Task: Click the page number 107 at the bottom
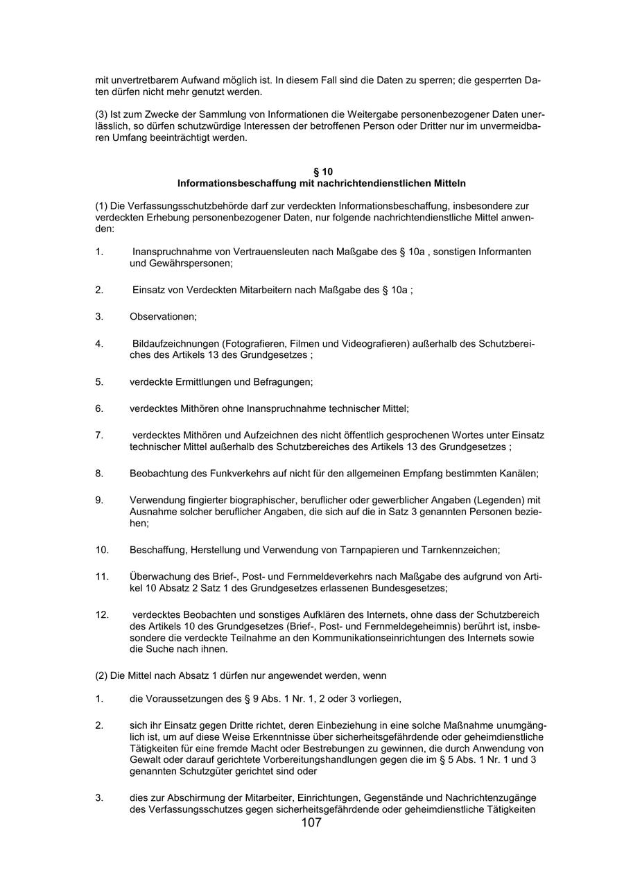tap(311, 823)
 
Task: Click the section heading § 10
tap(322, 171)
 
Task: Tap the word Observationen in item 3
tap(162, 316)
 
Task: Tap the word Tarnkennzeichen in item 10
tap(460, 550)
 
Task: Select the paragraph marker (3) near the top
tap(101, 114)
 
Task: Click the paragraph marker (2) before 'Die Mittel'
tap(101, 675)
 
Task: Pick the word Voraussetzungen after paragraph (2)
tap(186, 698)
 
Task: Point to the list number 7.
tap(99, 435)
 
